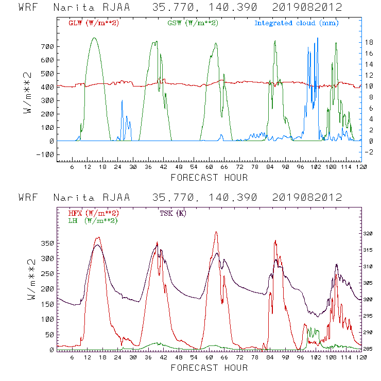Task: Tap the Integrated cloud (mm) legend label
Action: coord(297,23)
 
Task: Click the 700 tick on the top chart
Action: coord(46,46)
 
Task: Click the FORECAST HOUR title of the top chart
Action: coord(209,178)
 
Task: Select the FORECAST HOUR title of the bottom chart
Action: coord(209,368)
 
